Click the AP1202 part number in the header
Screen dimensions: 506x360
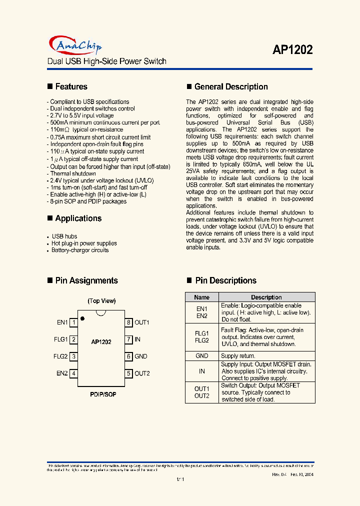[292, 50]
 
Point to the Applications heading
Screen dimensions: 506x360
[78, 218]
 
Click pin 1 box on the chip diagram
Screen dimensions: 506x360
[73, 322]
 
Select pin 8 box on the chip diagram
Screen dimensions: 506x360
[128, 322]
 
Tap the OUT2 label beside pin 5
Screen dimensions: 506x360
[142, 373]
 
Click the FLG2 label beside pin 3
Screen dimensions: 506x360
[60, 356]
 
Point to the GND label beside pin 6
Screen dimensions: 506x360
[141, 356]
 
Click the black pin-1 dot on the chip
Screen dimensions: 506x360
[82, 317]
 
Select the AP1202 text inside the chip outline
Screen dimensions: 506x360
[101, 342]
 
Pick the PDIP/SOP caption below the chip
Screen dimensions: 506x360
[103, 394]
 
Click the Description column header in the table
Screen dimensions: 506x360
[266, 297]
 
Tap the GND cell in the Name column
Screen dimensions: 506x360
[202, 356]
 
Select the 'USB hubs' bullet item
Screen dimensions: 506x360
[64, 236]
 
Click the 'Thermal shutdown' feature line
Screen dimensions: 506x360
[73, 173]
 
